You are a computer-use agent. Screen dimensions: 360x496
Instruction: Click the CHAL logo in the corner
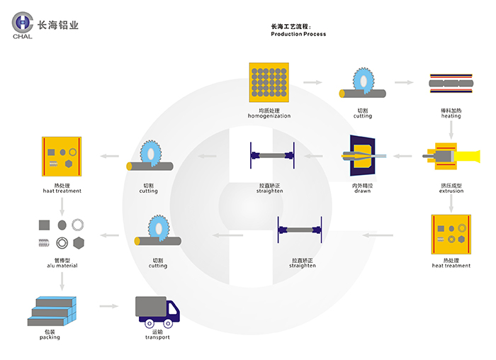[x=23, y=25]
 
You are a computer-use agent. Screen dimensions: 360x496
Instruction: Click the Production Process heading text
[x=298, y=34]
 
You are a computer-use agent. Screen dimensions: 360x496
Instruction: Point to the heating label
[x=451, y=116]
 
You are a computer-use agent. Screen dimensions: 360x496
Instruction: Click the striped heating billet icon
[x=451, y=84]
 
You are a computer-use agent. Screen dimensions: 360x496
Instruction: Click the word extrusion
[x=451, y=191]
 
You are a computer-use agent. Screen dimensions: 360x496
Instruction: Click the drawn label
[x=362, y=191]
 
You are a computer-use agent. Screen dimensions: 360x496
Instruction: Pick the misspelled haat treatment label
[x=62, y=191]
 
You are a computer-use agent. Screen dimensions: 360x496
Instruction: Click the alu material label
[x=61, y=266]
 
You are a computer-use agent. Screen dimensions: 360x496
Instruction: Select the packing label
[x=50, y=337]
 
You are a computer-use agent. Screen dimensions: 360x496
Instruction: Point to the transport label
[x=157, y=337]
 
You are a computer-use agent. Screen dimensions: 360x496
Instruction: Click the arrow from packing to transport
[x=108, y=306]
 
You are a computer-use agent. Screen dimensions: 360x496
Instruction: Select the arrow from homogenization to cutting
[x=312, y=83]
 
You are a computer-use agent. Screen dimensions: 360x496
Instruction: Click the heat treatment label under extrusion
[x=451, y=265]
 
